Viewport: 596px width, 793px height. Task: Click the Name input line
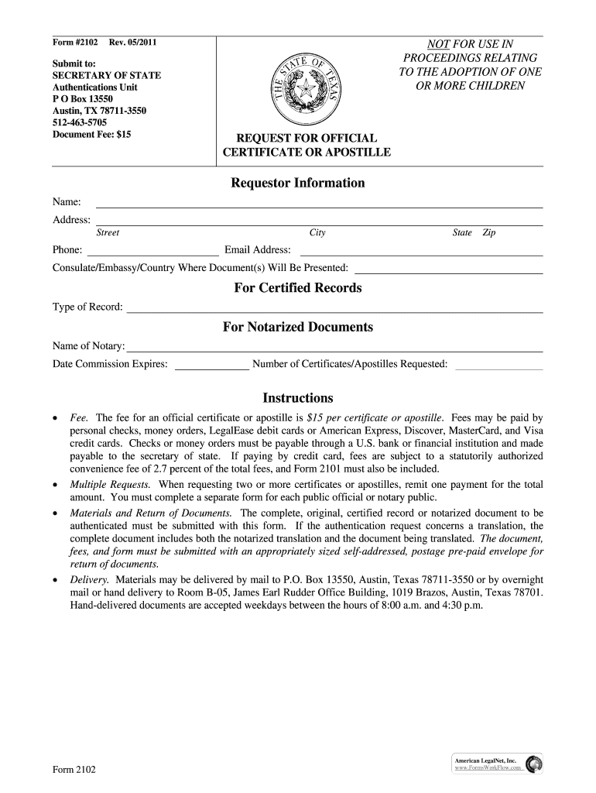pyautogui.click(x=318, y=203)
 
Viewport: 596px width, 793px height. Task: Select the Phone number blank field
pyautogui.click(x=152, y=250)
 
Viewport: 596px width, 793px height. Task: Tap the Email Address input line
pyautogui.click(x=420, y=250)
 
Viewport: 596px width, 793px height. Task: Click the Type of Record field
pyautogui.click(x=334, y=307)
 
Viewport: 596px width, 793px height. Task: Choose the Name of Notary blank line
pyautogui.click(x=334, y=347)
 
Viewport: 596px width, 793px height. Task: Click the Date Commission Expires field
pyautogui.click(x=211, y=365)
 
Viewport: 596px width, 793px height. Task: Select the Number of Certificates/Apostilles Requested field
pyautogui.click(x=498, y=365)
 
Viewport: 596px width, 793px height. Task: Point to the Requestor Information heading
pyautogui.click(x=297, y=184)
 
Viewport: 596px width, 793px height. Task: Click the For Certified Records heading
pyautogui.click(x=297, y=288)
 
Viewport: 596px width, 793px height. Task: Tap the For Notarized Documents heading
pyautogui.click(x=297, y=328)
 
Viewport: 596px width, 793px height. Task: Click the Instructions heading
pyautogui.click(x=297, y=398)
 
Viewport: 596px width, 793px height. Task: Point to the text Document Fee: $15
pyautogui.click(x=91, y=134)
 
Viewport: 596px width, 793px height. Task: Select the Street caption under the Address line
pyautogui.click(x=107, y=233)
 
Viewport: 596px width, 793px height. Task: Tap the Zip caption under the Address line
pyautogui.click(x=488, y=233)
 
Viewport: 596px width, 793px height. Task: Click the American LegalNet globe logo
pyautogui.click(x=534, y=764)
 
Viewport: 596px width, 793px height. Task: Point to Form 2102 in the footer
pyautogui.click(x=74, y=770)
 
